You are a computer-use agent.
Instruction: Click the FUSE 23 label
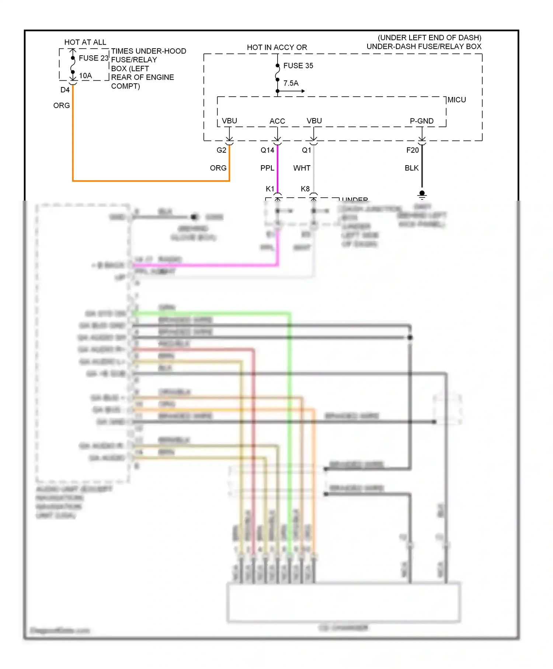tap(94, 58)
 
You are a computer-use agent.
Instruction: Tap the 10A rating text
tap(86, 76)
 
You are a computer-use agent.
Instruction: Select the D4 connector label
tap(65, 90)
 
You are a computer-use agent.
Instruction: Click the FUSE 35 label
tap(298, 66)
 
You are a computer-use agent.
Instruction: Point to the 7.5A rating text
tap(291, 83)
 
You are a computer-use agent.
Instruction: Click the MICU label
tap(456, 100)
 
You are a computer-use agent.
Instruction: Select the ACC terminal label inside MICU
tap(277, 121)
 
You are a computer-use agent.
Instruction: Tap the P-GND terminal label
tap(421, 121)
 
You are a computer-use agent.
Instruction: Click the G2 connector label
tap(221, 150)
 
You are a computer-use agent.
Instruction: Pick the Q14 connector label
tap(267, 150)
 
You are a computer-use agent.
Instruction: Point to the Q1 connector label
tap(306, 150)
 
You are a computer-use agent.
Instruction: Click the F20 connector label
tap(413, 150)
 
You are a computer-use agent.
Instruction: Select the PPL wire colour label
tap(267, 168)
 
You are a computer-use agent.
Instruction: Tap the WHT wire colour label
tap(302, 168)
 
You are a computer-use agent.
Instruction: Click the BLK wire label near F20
tap(411, 168)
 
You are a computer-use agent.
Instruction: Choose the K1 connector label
tap(270, 189)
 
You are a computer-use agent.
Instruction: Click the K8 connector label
tap(305, 189)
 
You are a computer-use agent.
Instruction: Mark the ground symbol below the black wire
tap(422, 195)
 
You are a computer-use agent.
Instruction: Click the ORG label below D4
tap(62, 106)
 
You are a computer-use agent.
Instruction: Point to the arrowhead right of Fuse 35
tap(303, 91)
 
